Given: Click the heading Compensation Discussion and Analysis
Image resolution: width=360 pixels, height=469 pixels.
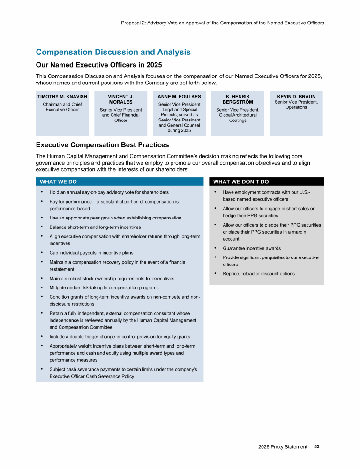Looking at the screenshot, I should click(x=113, y=52).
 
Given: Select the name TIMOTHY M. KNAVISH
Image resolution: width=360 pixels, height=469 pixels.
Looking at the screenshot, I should click(x=62, y=97).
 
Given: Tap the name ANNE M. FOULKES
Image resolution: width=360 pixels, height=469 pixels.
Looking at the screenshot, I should click(x=179, y=97).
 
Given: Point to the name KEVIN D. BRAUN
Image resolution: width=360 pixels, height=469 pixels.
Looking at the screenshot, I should click(x=296, y=97).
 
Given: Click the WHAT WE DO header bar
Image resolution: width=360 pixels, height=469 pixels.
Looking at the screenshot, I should click(x=120, y=182).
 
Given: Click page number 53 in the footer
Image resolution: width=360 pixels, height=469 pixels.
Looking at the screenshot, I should click(x=317, y=447).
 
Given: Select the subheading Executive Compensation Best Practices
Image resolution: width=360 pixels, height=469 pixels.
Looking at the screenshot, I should click(x=103, y=145).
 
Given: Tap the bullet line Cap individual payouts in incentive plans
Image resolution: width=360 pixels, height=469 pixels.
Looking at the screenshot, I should click(x=91, y=253).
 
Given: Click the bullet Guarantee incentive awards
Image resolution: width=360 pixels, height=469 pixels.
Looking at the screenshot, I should click(x=252, y=248).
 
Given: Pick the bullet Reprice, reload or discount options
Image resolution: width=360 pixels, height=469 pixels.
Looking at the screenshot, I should click(x=259, y=274).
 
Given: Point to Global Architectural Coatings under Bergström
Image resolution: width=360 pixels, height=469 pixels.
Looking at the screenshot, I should click(x=238, y=118).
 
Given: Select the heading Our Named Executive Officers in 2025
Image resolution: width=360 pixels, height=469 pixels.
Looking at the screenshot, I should click(x=99, y=65).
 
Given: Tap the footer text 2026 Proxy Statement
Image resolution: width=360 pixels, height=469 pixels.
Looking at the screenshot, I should click(x=283, y=447).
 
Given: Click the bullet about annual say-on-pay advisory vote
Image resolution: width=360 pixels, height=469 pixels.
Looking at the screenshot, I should click(x=109, y=192).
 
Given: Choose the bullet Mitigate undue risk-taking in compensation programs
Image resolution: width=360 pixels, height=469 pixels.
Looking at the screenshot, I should click(x=104, y=288).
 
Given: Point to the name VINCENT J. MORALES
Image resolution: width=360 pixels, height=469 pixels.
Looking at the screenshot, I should click(x=121, y=99).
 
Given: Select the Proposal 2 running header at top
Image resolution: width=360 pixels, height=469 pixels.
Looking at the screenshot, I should click(x=222, y=23).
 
